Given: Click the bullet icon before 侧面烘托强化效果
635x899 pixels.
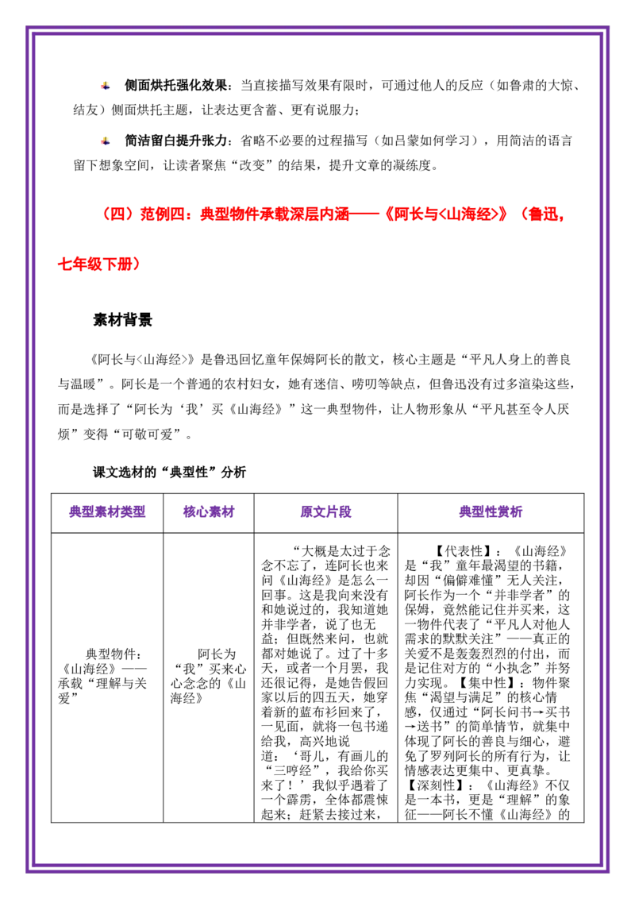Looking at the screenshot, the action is pos(106,86).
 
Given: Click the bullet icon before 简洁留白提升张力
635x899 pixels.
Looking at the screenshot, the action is pos(106,141).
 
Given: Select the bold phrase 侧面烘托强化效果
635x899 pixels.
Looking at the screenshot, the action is pos(175,86).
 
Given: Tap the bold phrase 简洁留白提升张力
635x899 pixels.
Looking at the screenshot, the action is pos(175,141).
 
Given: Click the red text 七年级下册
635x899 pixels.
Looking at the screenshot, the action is pos(98,264).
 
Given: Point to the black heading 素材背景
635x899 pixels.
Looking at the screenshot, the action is pos(123,320).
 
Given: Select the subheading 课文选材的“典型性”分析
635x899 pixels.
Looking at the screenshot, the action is pos(170,473).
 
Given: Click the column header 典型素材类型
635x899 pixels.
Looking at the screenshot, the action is pos(107,512).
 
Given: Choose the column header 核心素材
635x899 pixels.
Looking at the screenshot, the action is pos(209,512).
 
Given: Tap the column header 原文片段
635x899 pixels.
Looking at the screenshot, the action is pos(325,512).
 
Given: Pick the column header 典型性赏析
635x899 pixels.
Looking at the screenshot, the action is pos(491,512).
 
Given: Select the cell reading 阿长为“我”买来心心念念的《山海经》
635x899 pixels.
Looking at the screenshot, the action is pos(209,676).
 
